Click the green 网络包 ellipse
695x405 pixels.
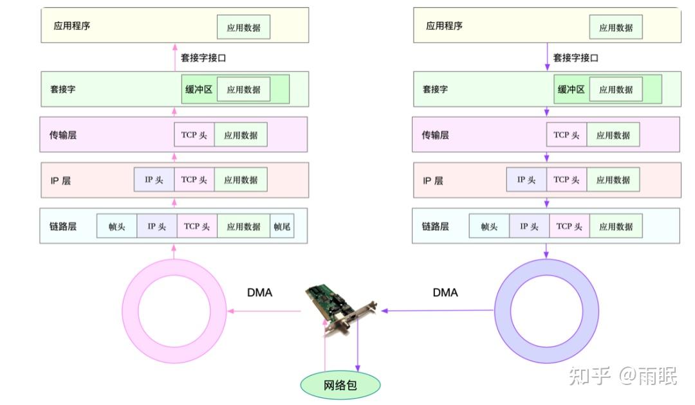[x=340, y=385]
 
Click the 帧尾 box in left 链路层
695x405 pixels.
[x=282, y=226]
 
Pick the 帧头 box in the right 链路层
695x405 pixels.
[x=489, y=226]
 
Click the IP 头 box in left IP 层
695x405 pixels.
[x=154, y=180]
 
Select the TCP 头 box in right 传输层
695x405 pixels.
[x=566, y=135]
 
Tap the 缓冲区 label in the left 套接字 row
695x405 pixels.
[x=199, y=89]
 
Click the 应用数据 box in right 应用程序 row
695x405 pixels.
[x=616, y=28]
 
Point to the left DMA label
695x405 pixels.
[x=259, y=292]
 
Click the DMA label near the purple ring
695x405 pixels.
[x=445, y=292]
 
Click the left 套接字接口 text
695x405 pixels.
[x=203, y=58]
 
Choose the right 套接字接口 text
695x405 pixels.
[x=576, y=58]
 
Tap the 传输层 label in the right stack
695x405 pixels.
[x=436, y=135]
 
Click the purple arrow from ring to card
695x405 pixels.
[x=438, y=310]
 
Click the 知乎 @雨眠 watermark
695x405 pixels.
[x=622, y=375]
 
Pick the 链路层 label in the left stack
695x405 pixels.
[x=64, y=226]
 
